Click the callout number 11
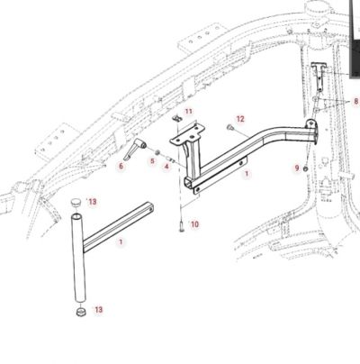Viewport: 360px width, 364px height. (x=188, y=112)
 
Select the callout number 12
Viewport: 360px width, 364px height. (x=240, y=119)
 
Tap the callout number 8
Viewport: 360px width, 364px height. (x=356, y=101)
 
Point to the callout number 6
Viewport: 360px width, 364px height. (x=121, y=166)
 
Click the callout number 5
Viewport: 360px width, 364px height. (x=152, y=161)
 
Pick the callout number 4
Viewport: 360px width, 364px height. (x=166, y=166)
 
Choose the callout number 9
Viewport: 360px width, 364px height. (x=297, y=168)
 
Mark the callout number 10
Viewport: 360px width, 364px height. (x=194, y=224)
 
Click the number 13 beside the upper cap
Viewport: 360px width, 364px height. (x=93, y=202)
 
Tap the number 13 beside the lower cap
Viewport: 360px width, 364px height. (x=99, y=309)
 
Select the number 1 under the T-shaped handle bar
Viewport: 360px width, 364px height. (x=121, y=241)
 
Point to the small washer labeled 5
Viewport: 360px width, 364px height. (x=157, y=152)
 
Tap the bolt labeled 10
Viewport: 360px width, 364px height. (x=182, y=225)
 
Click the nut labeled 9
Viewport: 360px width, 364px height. (x=305, y=168)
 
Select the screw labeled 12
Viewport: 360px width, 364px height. (x=230, y=127)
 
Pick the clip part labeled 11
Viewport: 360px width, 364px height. (x=177, y=118)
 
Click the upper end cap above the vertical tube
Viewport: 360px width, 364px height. (x=76, y=202)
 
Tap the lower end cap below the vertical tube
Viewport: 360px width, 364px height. (x=81, y=311)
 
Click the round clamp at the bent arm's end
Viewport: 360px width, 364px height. (x=311, y=129)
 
